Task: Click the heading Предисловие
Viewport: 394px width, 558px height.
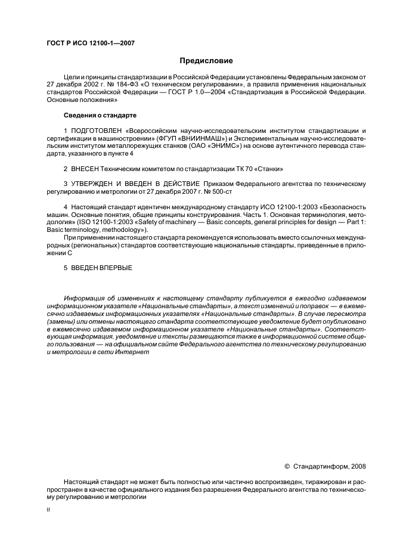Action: click(x=206, y=61)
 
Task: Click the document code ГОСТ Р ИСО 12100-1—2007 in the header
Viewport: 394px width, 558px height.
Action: click(x=89, y=44)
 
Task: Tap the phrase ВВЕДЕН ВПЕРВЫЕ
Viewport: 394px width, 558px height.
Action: click(x=101, y=268)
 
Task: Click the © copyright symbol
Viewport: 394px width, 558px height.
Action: click(x=287, y=466)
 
